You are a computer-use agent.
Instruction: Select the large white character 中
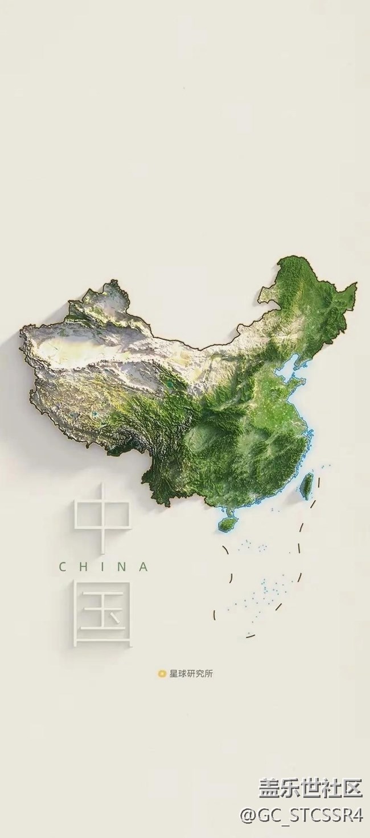tap(103, 517)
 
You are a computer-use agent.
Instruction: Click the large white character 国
tap(103, 613)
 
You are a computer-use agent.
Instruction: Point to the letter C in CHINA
tap(63, 567)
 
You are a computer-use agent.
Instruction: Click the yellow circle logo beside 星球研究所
tap(162, 674)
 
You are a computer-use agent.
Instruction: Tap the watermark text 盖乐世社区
tap(311, 789)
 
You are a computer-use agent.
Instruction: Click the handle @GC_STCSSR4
tap(301, 816)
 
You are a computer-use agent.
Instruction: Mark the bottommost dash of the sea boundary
tap(250, 634)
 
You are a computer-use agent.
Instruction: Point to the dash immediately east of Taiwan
tap(319, 484)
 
